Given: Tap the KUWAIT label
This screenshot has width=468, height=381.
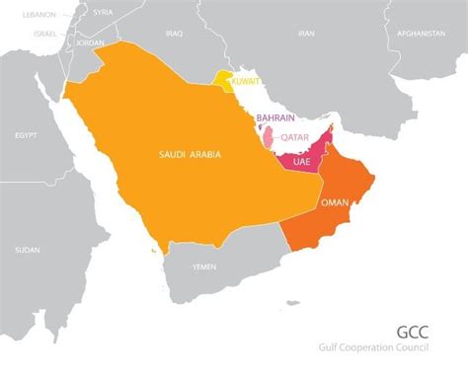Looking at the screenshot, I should [246, 81].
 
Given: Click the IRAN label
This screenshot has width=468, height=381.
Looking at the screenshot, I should [306, 33].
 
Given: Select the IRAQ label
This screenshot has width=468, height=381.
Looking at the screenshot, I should [175, 33].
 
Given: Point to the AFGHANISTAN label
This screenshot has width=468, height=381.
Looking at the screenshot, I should [422, 33].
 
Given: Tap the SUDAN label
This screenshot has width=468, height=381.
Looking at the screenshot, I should [27, 250].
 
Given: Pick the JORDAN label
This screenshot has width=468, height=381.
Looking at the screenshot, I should [90, 43].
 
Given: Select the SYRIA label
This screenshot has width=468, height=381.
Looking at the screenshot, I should [103, 12].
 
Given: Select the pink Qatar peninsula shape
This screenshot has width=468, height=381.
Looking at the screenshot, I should [269, 136].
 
